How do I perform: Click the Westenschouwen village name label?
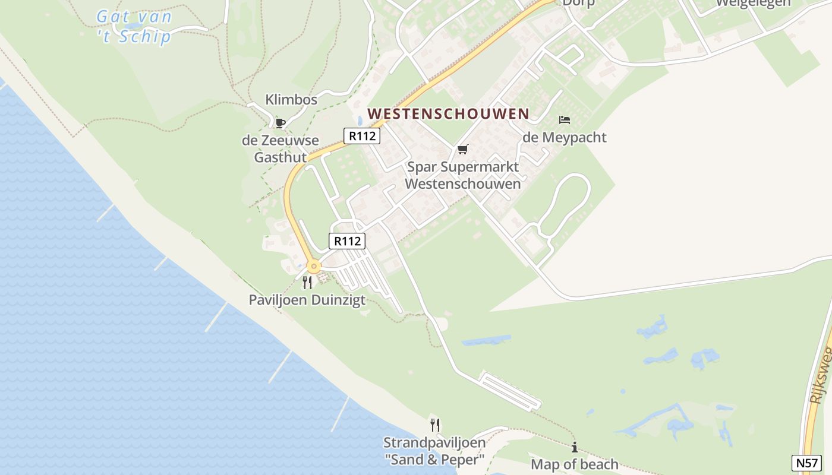click(448, 113)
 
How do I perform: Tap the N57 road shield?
click(806, 463)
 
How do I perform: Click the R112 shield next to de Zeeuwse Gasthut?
click(361, 135)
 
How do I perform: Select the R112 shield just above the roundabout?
click(347, 241)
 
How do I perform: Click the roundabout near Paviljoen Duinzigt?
click(313, 267)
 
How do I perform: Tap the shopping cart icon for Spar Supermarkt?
click(462, 149)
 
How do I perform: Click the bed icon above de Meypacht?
click(564, 120)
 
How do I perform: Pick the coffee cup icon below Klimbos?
click(280, 123)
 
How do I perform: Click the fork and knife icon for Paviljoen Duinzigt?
click(307, 282)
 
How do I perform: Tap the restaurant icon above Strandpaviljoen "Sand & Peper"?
click(435, 425)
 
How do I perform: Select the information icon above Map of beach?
click(574, 447)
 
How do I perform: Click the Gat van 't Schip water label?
click(134, 26)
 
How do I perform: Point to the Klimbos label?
click(291, 100)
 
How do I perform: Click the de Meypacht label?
click(564, 138)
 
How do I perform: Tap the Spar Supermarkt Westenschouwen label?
click(462, 175)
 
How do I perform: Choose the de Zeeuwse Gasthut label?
click(281, 149)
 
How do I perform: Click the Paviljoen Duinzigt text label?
click(307, 300)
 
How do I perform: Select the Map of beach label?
click(574, 464)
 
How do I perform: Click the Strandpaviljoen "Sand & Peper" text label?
click(434, 451)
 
